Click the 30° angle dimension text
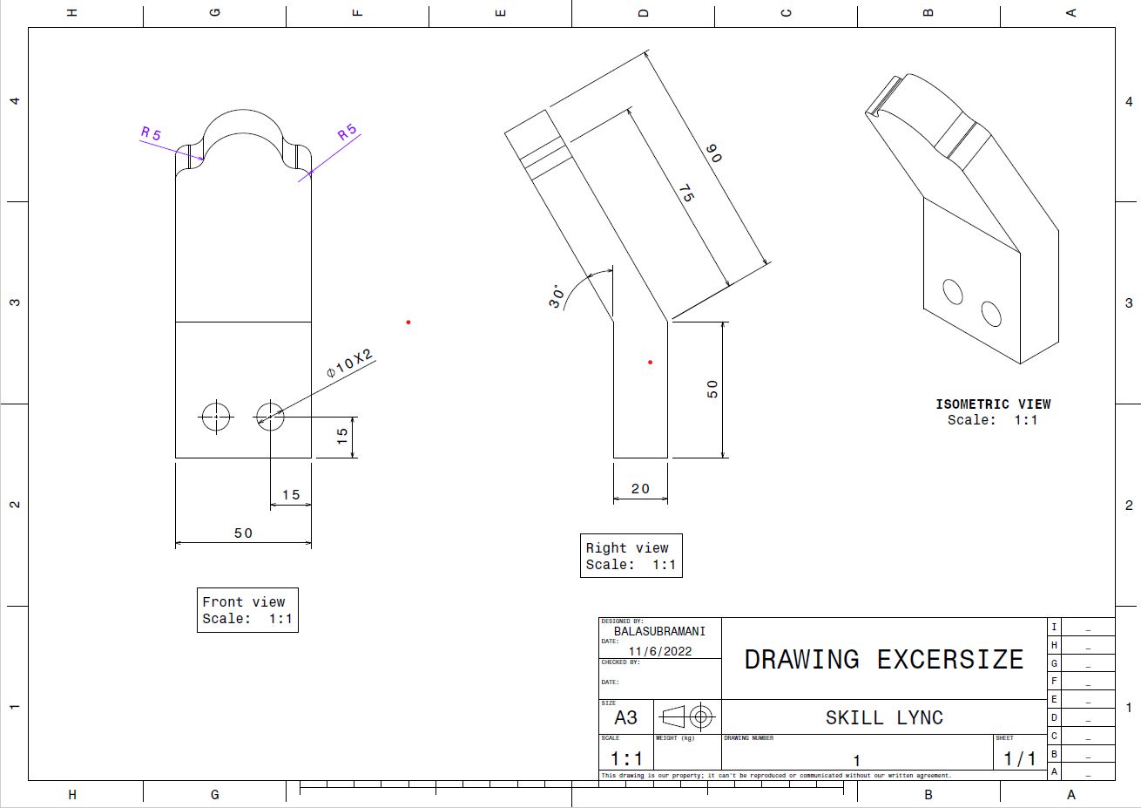click(x=557, y=296)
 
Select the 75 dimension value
click(x=686, y=194)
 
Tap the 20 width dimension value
click(x=640, y=489)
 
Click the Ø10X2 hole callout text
click(x=349, y=363)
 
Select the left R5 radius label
click(x=152, y=134)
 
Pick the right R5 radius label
click(x=348, y=133)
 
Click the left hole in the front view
click(x=216, y=417)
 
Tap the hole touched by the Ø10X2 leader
click(x=270, y=417)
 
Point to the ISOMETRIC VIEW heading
click(x=993, y=404)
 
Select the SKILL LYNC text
click(x=884, y=717)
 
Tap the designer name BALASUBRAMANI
click(x=659, y=631)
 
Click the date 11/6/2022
click(x=659, y=651)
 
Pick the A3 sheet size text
click(x=625, y=717)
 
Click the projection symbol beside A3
click(x=688, y=717)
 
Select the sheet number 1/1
click(x=1019, y=758)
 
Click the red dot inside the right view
click(x=650, y=362)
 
